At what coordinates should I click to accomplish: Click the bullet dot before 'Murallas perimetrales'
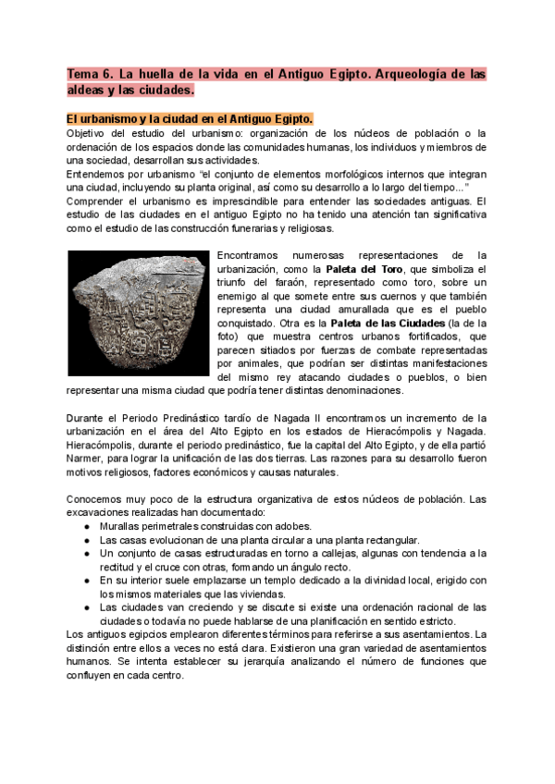[86, 525]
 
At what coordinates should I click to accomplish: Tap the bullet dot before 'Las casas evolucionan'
[86, 539]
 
